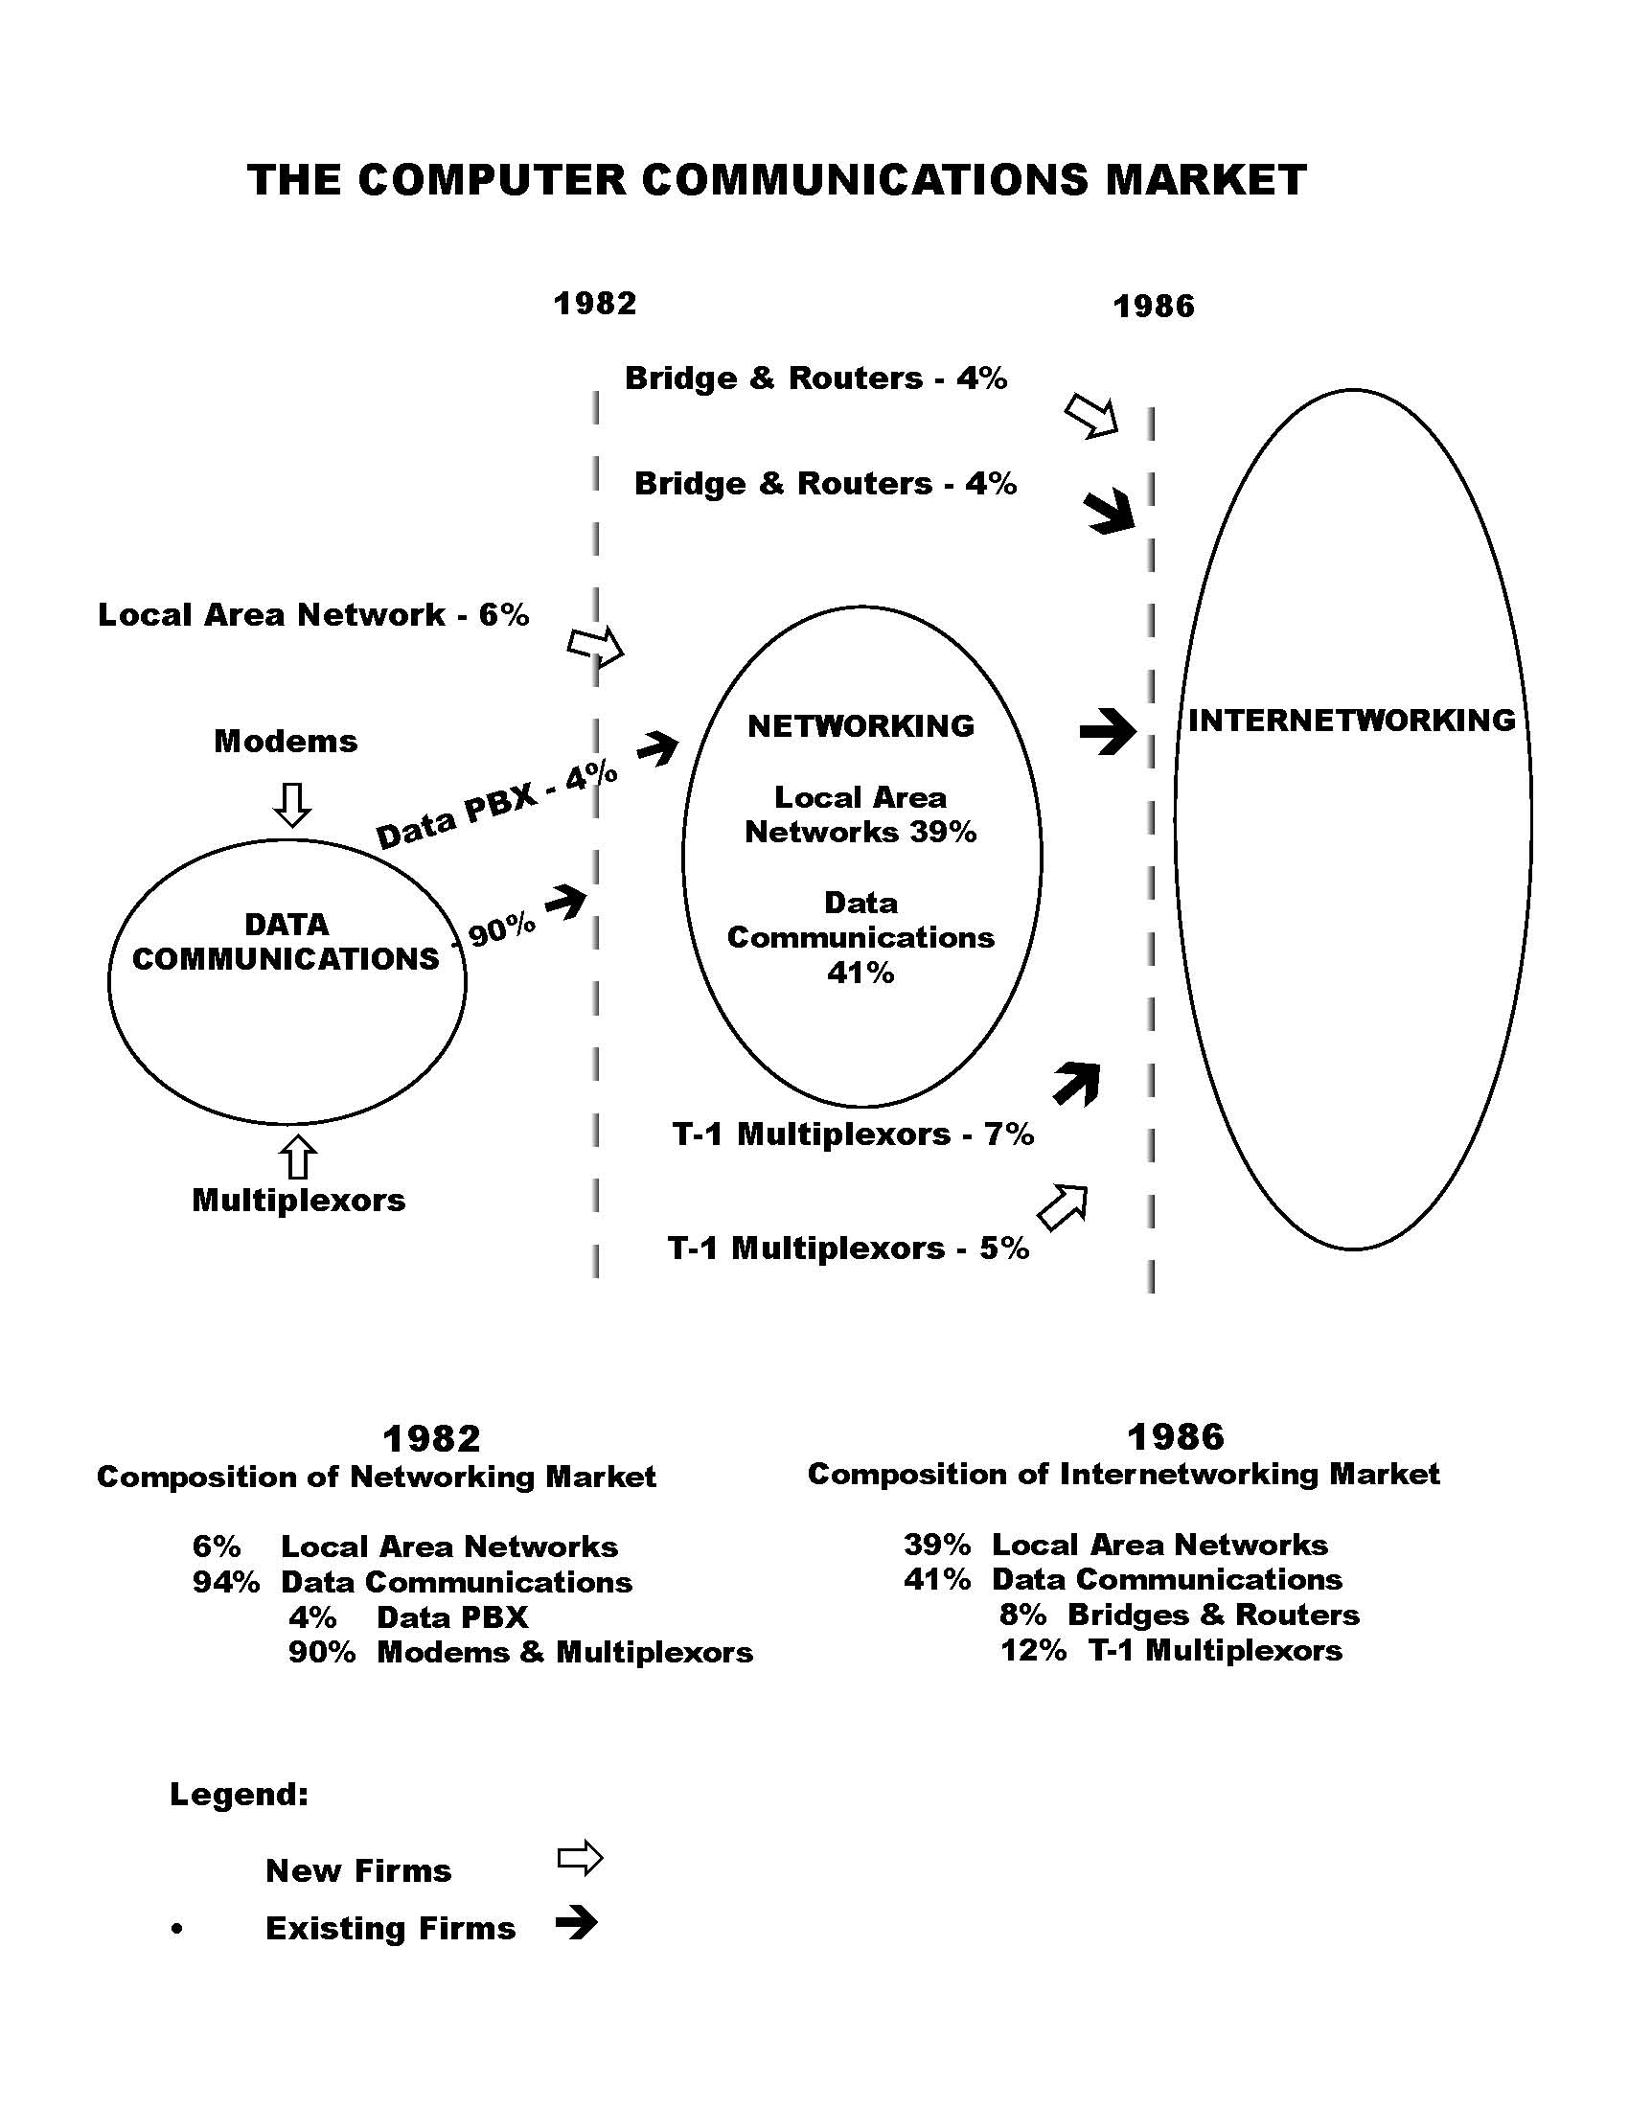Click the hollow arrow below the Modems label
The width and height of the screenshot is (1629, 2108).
pyautogui.click(x=292, y=803)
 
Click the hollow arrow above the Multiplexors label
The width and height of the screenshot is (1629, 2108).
pyautogui.click(x=298, y=1156)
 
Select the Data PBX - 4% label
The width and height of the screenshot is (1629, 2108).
pyautogui.click(x=496, y=805)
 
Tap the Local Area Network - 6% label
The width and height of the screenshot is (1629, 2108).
pyautogui.click(x=313, y=615)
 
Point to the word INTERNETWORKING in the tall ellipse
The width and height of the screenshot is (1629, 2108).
pyautogui.click(x=1351, y=720)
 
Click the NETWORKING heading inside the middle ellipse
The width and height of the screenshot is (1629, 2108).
pyautogui.click(x=860, y=726)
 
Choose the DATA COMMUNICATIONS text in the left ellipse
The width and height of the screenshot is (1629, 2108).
pyautogui.click(x=286, y=942)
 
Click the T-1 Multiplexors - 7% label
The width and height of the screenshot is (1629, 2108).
pyautogui.click(x=853, y=1134)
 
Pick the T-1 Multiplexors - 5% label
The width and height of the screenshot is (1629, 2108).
pyautogui.click(x=848, y=1248)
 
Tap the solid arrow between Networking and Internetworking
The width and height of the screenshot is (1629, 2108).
pyautogui.click(x=1108, y=732)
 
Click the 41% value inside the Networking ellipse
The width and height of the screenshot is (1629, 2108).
pyautogui.click(x=860, y=973)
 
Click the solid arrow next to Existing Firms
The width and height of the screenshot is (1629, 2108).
pyautogui.click(x=577, y=1924)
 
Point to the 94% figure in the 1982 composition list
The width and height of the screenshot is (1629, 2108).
pyautogui.click(x=226, y=1582)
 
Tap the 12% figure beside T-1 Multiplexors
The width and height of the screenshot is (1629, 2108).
pyautogui.click(x=1033, y=1651)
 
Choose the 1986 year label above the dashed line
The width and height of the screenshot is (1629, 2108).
pyautogui.click(x=1155, y=307)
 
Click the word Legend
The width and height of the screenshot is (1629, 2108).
pyautogui.click(x=240, y=1795)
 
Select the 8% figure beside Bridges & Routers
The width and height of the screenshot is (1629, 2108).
pyautogui.click(x=1023, y=1615)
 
